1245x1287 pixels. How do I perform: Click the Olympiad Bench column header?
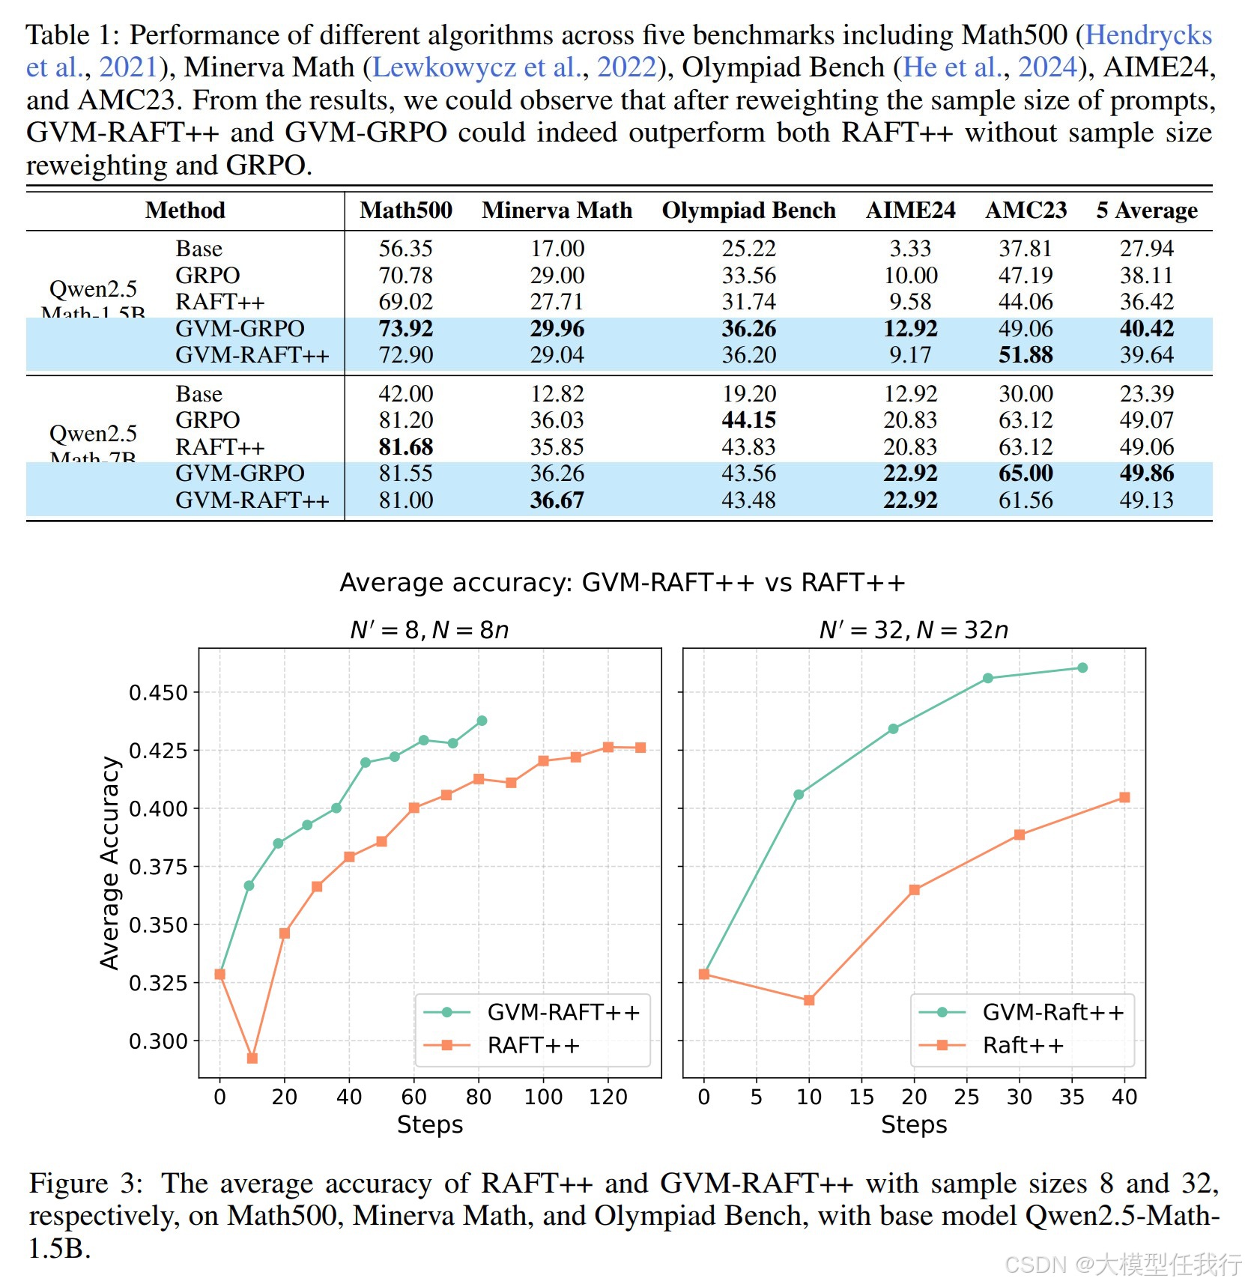[748, 211]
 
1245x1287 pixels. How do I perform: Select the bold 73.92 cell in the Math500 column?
[405, 329]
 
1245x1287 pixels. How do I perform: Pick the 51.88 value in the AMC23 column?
[1026, 355]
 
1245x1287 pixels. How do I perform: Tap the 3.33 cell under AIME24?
[910, 249]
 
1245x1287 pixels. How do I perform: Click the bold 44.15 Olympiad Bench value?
[748, 420]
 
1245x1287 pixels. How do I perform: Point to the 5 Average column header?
[1146, 211]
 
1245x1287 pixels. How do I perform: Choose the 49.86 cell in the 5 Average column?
[1146, 473]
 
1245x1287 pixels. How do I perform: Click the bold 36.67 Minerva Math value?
[557, 500]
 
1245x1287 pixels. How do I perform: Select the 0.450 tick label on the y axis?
[158, 693]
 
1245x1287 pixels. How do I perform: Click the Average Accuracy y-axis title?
[109, 863]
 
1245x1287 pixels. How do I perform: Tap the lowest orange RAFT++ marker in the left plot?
[252, 1059]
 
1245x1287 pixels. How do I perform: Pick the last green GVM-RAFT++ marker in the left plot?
[482, 721]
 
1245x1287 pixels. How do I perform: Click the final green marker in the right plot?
[1082, 667]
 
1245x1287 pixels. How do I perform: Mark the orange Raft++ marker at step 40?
[1124, 798]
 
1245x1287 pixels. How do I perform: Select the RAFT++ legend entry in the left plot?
[533, 1046]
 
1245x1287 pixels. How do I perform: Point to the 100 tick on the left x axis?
[543, 1097]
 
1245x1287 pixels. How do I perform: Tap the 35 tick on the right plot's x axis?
[1072, 1097]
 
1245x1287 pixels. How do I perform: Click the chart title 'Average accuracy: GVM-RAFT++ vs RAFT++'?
[622, 583]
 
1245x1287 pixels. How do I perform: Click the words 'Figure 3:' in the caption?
[85, 1184]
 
